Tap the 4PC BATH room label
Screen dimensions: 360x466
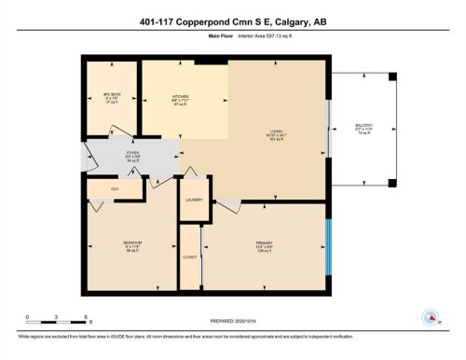[x=111, y=96]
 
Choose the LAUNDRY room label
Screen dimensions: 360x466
[x=194, y=201]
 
